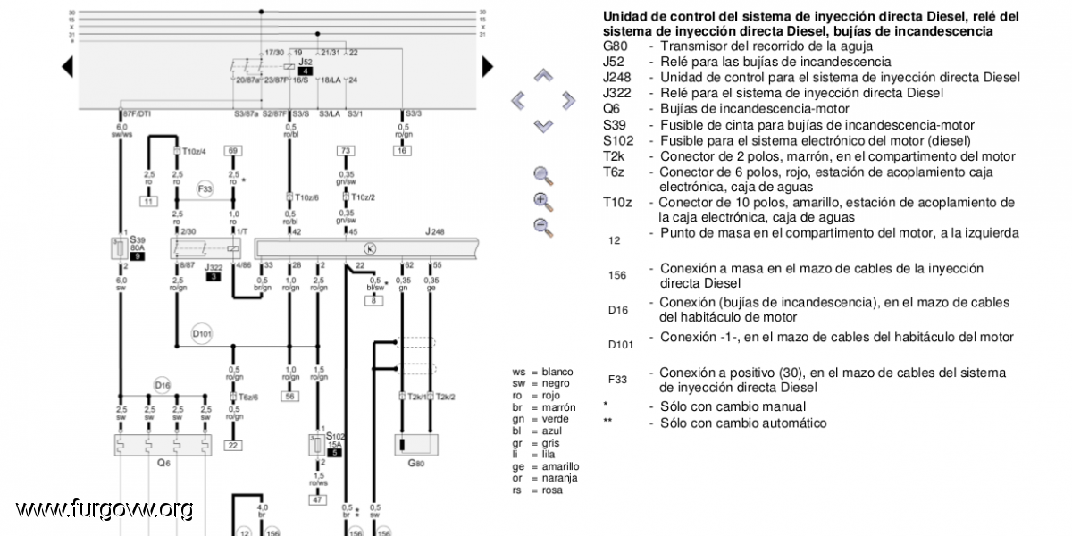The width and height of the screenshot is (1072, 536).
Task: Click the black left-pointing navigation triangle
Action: (67, 66)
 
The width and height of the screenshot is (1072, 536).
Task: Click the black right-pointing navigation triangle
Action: (487, 66)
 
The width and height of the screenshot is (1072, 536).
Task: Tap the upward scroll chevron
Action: (543, 77)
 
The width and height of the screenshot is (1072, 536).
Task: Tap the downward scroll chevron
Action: (543, 125)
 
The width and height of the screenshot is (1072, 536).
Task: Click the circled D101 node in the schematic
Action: (201, 335)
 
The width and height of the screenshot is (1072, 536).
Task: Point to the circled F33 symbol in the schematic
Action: (205, 189)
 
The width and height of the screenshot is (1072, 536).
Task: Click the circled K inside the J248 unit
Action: (370, 247)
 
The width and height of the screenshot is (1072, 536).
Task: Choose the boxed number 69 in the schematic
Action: (233, 151)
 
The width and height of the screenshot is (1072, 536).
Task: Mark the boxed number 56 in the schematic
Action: (289, 396)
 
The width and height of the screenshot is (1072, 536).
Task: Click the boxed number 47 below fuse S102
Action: (317, 499)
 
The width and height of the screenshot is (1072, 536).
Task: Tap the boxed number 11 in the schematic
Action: (148, 201)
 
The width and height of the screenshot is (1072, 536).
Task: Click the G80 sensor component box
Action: (416, 444)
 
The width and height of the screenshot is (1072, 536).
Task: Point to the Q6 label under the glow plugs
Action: (163, 463)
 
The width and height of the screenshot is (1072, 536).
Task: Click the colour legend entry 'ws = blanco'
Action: (542, 372)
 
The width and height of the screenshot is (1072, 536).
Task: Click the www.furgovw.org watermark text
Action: (104, 509)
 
